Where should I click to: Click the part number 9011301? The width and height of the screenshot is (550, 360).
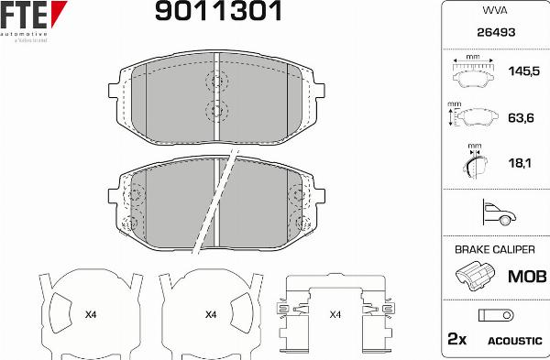point(217,12)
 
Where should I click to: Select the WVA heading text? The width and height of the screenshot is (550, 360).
point(495,11)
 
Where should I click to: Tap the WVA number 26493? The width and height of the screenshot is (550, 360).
point(495,32)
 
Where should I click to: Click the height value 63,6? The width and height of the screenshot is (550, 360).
point(520,117)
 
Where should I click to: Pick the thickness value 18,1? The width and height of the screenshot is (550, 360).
point(520,163)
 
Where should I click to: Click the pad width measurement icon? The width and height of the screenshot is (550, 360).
point(473,72)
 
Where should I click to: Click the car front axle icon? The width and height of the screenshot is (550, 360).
point(495,213)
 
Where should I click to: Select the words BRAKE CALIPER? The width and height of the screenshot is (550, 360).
point(495,248)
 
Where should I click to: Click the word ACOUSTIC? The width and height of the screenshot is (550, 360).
point(514,340)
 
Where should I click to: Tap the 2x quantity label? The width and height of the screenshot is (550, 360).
point(456,339)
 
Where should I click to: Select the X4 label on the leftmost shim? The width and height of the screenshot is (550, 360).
point(90,315)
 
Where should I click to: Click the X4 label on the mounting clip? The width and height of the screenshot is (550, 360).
point(335,315)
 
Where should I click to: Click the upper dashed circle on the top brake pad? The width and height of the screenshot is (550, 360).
point(217,82)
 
